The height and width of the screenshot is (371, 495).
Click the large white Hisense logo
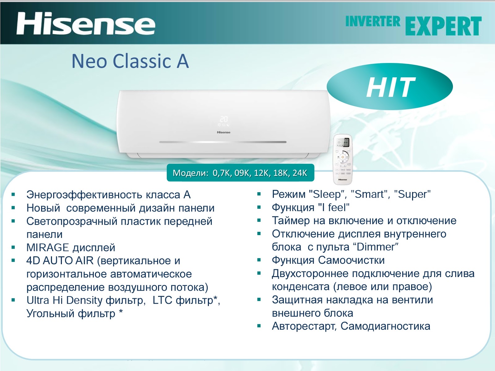pyautogui.click(x=86, y=24)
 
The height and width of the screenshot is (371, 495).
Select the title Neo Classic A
pyautogui.click(x=130, y=61)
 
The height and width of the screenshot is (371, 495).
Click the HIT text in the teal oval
pyautogui.click(x=390, y=87)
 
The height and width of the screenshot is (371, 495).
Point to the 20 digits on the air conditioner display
pyautogui.click(x=224, y=119)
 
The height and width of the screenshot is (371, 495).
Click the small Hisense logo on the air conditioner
pyautogui.click(x=223, y=132)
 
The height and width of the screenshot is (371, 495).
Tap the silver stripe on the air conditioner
pyautogui.click(x=223, y=142)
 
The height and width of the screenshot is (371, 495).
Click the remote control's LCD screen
pyautogui.click(x=343, y=143)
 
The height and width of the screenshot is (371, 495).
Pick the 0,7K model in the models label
pyautogui.click(x=222, y=173)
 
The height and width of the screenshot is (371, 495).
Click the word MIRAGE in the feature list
pyautogui.click(x=48, y=248)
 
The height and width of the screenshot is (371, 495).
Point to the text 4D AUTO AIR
pyautogui.click(x=60, y=261)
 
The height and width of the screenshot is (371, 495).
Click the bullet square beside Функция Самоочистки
pyautogui.click(x=259, y=260)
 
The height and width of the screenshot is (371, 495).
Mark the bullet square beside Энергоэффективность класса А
pyautogui.click(x=13, y=195)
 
